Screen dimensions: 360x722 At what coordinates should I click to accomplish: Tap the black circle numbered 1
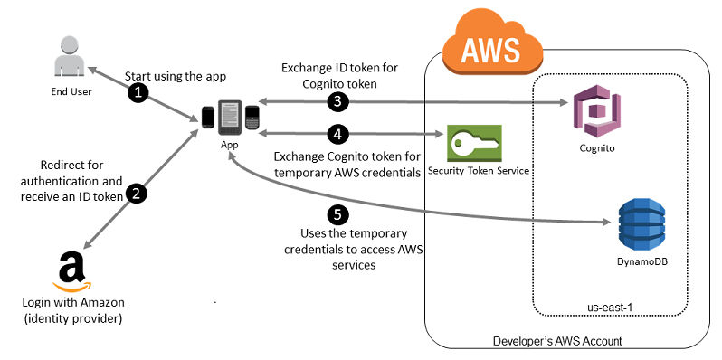click(x=138, y=91)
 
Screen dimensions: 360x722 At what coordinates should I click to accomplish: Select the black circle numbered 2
click(x=136, y=194)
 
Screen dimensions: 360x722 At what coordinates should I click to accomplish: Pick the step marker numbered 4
click(x=336, y=134)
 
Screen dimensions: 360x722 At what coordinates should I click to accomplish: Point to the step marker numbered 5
click(x=337, y=214)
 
